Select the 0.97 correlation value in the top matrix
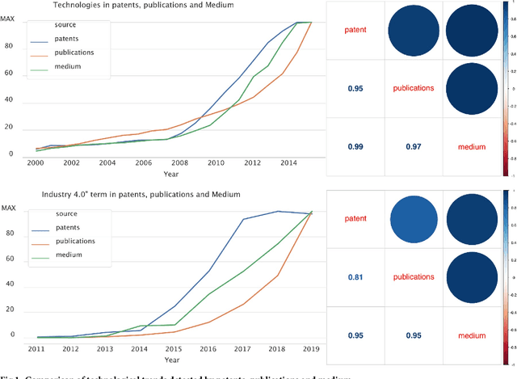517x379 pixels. point(411,146)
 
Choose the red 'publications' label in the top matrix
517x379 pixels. point(411,87)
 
